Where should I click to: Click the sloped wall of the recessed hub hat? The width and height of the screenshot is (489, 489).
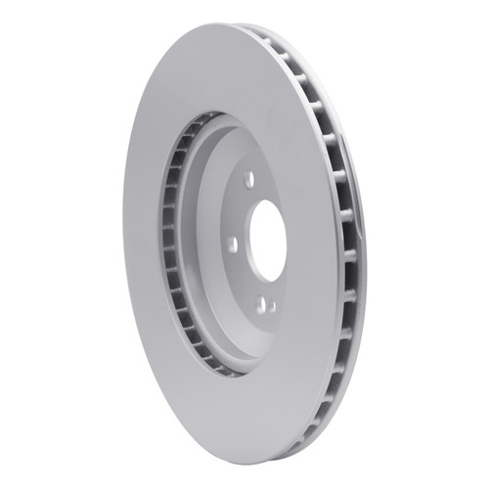click(x=200, y=244)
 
